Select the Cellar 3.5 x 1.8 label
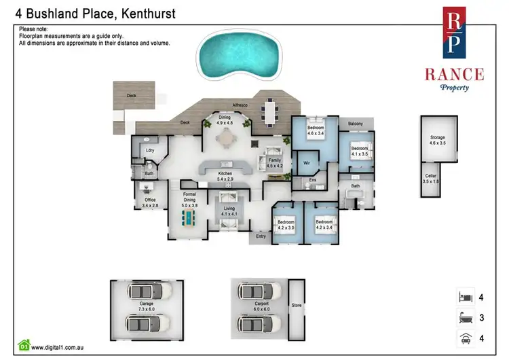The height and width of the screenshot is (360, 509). [x=430, y=179]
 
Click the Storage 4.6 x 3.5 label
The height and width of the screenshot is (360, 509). [x=437, y=141]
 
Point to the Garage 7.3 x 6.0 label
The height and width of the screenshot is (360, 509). [x=147, y=306]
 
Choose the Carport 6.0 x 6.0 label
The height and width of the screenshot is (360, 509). [x=262, y=306]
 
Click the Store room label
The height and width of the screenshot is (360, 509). [x=296, y=306]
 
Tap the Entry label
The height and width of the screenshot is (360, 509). [x=261, y=236]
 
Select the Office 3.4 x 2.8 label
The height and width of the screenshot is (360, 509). [x=150, y=202]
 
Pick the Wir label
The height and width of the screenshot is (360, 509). [x=307, y=163]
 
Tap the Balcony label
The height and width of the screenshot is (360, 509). [x=356, y=124]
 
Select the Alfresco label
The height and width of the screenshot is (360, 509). [x=240, y=106]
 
